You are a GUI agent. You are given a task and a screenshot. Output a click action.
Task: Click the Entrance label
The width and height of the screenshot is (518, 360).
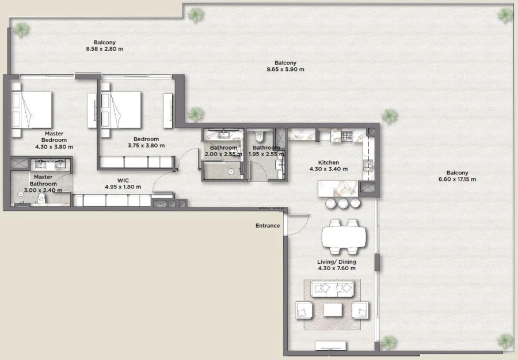[x=268, y=226]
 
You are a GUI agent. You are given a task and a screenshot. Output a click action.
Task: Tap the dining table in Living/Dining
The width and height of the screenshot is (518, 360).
[x=344, y=237]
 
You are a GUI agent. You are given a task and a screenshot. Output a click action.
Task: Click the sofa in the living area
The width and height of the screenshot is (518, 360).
[x=332, y=289]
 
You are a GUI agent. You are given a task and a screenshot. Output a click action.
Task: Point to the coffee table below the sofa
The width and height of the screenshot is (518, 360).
[x=333, y=310]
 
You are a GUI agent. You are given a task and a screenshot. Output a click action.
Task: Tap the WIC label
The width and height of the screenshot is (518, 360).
[x=123, y=180]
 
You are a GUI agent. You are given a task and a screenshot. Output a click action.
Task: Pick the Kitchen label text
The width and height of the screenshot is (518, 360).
[x=329, y=163]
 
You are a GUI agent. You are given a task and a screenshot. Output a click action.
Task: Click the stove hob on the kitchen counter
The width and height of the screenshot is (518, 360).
[x=346, y=137]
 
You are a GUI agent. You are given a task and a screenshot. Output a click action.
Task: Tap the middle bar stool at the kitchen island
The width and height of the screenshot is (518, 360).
[x=344, y=203]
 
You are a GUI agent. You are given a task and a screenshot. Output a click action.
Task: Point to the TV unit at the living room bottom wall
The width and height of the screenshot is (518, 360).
[x=332, y=346]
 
